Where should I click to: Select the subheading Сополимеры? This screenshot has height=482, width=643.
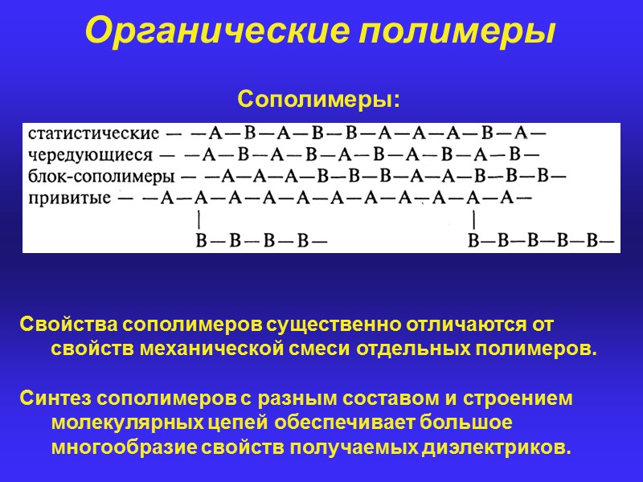[318, 101]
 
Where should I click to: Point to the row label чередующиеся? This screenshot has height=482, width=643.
[89, 154]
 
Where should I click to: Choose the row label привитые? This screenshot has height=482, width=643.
[69, 198]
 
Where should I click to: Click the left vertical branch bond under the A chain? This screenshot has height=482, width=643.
[199, 219]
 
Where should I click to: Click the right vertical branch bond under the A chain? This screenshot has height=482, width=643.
[475, 219]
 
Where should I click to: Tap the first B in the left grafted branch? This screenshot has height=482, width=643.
[202, 239]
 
